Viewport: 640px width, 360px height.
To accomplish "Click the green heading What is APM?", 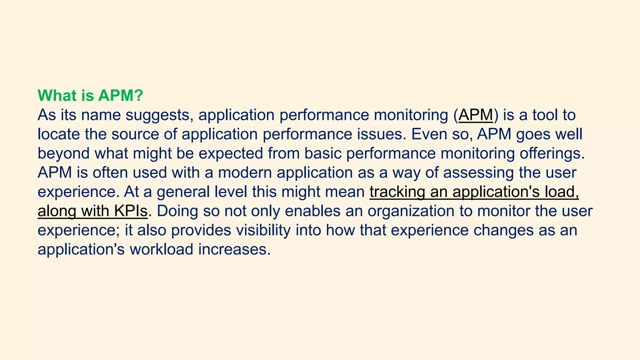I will [90, 96].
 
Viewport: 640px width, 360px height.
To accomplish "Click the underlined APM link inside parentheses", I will [476, 115].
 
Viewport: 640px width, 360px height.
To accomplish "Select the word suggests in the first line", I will [159, 115].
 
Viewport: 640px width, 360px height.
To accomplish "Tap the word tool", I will [545, 115].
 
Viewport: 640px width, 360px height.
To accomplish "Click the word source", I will [135, 134].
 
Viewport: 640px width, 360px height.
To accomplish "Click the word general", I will [183, 192].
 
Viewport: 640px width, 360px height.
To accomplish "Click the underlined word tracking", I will [397, 192].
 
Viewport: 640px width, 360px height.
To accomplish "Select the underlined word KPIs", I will [131, 211].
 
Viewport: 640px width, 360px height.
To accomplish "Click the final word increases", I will [234, 250].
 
